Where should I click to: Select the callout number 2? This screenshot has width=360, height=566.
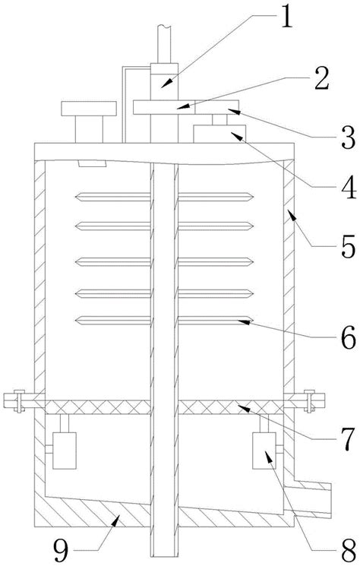321,78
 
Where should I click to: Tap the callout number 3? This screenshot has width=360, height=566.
347,138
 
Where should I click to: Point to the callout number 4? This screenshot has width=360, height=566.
347,187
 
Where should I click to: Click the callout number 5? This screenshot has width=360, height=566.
348,246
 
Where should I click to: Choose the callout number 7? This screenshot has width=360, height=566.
347,439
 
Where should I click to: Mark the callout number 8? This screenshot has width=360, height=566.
348,552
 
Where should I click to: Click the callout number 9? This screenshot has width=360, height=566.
62,551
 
